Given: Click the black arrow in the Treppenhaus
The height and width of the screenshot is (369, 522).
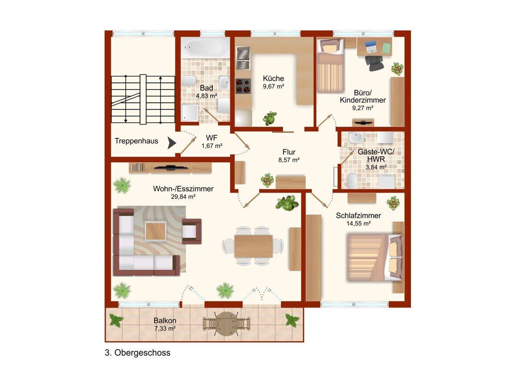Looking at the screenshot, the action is [171, 143].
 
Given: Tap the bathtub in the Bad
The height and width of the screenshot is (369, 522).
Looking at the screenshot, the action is [205, 47].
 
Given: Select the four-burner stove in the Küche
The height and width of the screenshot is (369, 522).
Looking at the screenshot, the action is [243, 86].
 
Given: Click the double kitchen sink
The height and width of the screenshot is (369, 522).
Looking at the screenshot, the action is [243, 58].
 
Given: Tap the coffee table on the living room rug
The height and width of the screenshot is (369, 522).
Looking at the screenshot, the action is [155, 231].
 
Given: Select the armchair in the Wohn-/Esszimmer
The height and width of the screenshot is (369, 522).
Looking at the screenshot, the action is [191, 231].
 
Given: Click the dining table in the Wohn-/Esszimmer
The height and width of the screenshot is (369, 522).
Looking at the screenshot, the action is [253, 246].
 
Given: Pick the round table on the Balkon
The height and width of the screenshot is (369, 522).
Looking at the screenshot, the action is [226, 324].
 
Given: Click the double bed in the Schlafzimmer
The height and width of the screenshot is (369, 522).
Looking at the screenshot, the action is [375, 257].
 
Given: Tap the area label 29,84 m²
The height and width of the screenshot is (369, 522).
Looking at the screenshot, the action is [183, 197].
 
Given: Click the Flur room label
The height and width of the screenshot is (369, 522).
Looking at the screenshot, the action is [289, 152].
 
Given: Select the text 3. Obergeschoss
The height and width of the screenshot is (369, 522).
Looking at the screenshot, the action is [137, 353].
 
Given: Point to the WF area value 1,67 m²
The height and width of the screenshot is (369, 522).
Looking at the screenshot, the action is [212, 146].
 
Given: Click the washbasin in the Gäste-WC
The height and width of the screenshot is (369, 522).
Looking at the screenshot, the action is [356, 138].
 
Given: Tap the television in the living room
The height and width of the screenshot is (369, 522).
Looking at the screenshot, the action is [171, 168].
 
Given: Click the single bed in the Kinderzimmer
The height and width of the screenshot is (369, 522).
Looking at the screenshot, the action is [331, 66].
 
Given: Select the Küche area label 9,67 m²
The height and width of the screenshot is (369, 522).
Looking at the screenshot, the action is [273, 87].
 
